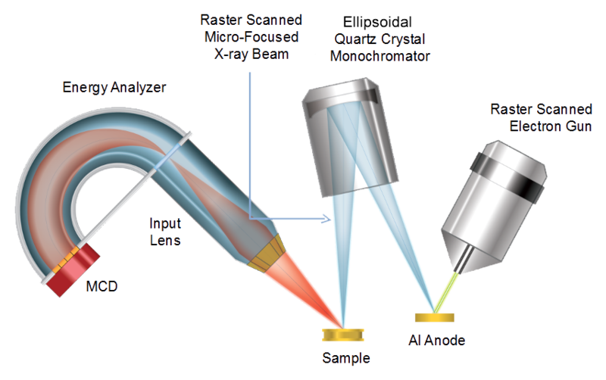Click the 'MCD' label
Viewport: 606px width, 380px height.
(102, 286)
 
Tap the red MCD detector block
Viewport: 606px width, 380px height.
(73, 270)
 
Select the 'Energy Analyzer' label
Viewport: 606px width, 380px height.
(114, 88)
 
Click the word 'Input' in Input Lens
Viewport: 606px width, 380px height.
(165, 223)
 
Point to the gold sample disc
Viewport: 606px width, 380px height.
(343, 335)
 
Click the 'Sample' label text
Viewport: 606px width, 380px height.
(346, 358)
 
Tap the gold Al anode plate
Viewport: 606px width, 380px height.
(434, 317)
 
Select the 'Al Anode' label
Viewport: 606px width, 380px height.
(437, 340)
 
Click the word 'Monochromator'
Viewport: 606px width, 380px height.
(380, 56)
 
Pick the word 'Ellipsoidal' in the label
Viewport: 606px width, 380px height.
(377, 23)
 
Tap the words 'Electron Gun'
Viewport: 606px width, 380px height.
(551, 126)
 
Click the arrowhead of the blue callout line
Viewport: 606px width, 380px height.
(327, 220)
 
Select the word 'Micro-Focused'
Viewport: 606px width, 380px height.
(251, 37)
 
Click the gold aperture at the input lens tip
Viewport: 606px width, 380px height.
(267, 253)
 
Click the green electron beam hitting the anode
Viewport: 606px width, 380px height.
(446, 292)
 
